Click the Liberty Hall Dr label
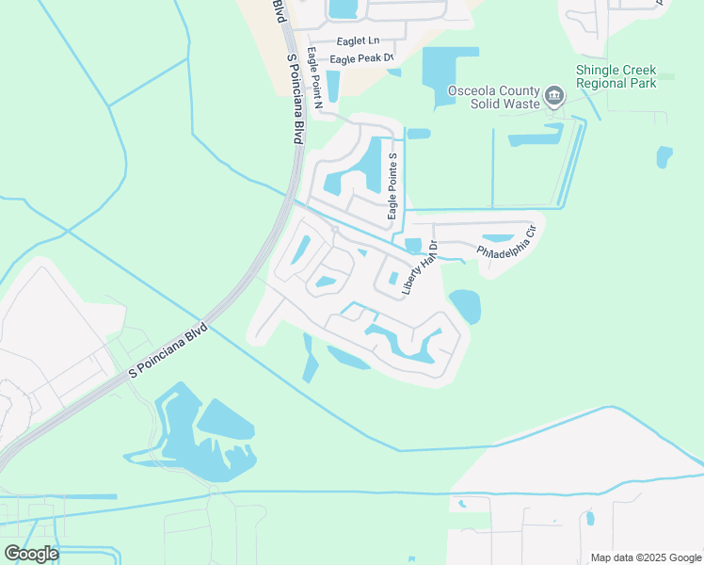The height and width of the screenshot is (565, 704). click(x=420, y=268)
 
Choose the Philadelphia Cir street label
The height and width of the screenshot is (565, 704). click(x=506, y=243)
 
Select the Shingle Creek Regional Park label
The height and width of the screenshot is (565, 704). click(x=630, y=77)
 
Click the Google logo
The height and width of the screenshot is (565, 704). click(x=31, y=554)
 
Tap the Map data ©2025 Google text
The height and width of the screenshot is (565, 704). click(x=644, y=557)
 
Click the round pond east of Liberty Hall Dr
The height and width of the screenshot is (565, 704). click(x=464, y=305)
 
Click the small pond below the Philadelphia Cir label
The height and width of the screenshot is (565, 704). click(x=496, y=238)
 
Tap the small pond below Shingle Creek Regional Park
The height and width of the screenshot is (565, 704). click(x=664, y=156)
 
